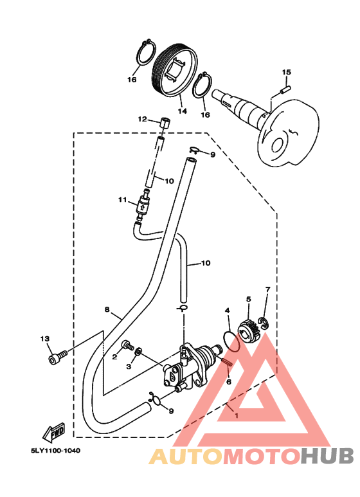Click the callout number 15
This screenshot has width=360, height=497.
tap(286, 72)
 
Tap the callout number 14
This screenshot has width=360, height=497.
tap(182, 111)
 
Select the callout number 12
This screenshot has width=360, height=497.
tap(142, 119)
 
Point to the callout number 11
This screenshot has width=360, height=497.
tap(123, 200)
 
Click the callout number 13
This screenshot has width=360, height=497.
tap(45, 339)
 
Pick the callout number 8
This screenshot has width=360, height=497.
tap(107, 309)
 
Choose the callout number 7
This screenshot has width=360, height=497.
tap(268, 289)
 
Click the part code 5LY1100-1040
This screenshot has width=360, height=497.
tap(55, 451)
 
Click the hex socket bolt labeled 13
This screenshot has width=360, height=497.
tap(58, 357)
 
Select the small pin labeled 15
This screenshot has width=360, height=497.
tap(285, 89)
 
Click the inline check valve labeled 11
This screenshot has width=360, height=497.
tap(141, 206)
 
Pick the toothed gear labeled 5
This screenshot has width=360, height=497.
tap(249, 332)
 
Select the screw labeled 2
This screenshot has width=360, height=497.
tap(128, 345)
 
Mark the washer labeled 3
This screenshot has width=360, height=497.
tap(138, 352)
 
